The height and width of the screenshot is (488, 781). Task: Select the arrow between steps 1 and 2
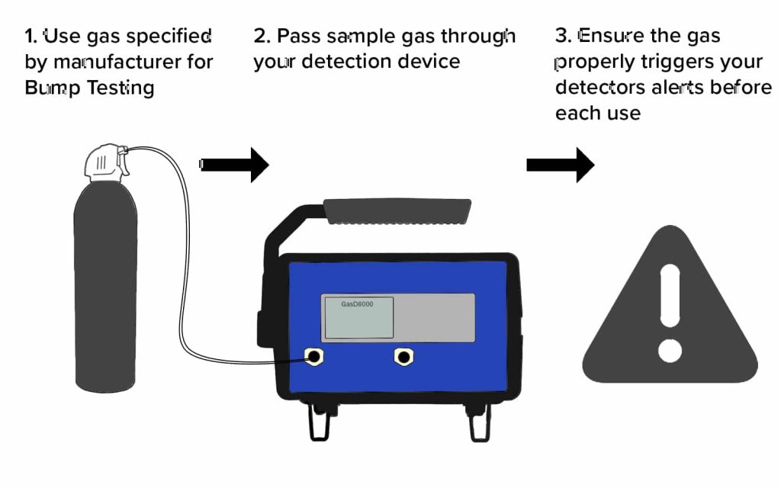pyautogui.click(x=236, y=164)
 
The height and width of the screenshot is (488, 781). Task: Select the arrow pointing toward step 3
pyautogui.click(x=561, y=165)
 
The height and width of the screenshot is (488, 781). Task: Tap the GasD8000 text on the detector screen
pyautogui.click(x=357, y=303)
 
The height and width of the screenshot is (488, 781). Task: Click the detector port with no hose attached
pyautogui.click(x=403, y=355)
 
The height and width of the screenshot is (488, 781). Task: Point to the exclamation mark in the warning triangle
pyautogui.click(x=670, y=294)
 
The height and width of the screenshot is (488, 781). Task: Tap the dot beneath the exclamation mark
pyautogui.click(x=670, y=350)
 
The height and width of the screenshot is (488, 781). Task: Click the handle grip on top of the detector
pyautogui.click(x=397, y=207)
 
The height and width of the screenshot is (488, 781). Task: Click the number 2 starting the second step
pyautogui.click(x=260, y=36)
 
